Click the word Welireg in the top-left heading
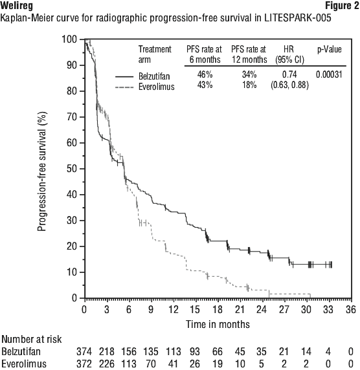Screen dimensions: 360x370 coord(17,6)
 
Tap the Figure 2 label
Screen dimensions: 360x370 coord(342,5)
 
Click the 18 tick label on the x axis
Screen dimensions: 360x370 coord(218,309)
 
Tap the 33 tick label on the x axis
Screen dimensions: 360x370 coord(328,309)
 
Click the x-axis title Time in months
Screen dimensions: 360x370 coord(218,324)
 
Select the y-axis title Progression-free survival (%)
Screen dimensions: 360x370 coord(42,171)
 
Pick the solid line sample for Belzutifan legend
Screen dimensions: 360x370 coord(124,76)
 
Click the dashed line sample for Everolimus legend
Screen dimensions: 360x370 coord(124,87)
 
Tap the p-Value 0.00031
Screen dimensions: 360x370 coord(329,75)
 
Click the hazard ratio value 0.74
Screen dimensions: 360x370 coord(289,74)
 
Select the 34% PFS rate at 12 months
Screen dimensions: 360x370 coord(249,74)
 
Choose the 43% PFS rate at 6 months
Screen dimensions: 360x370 coord(205,85)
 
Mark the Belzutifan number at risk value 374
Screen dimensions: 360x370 coord(84,352)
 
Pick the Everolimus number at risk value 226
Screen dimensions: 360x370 coord(107,364)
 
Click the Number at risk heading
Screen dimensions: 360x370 coord(32,340)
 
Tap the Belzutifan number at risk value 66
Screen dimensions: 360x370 coord(218,352)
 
